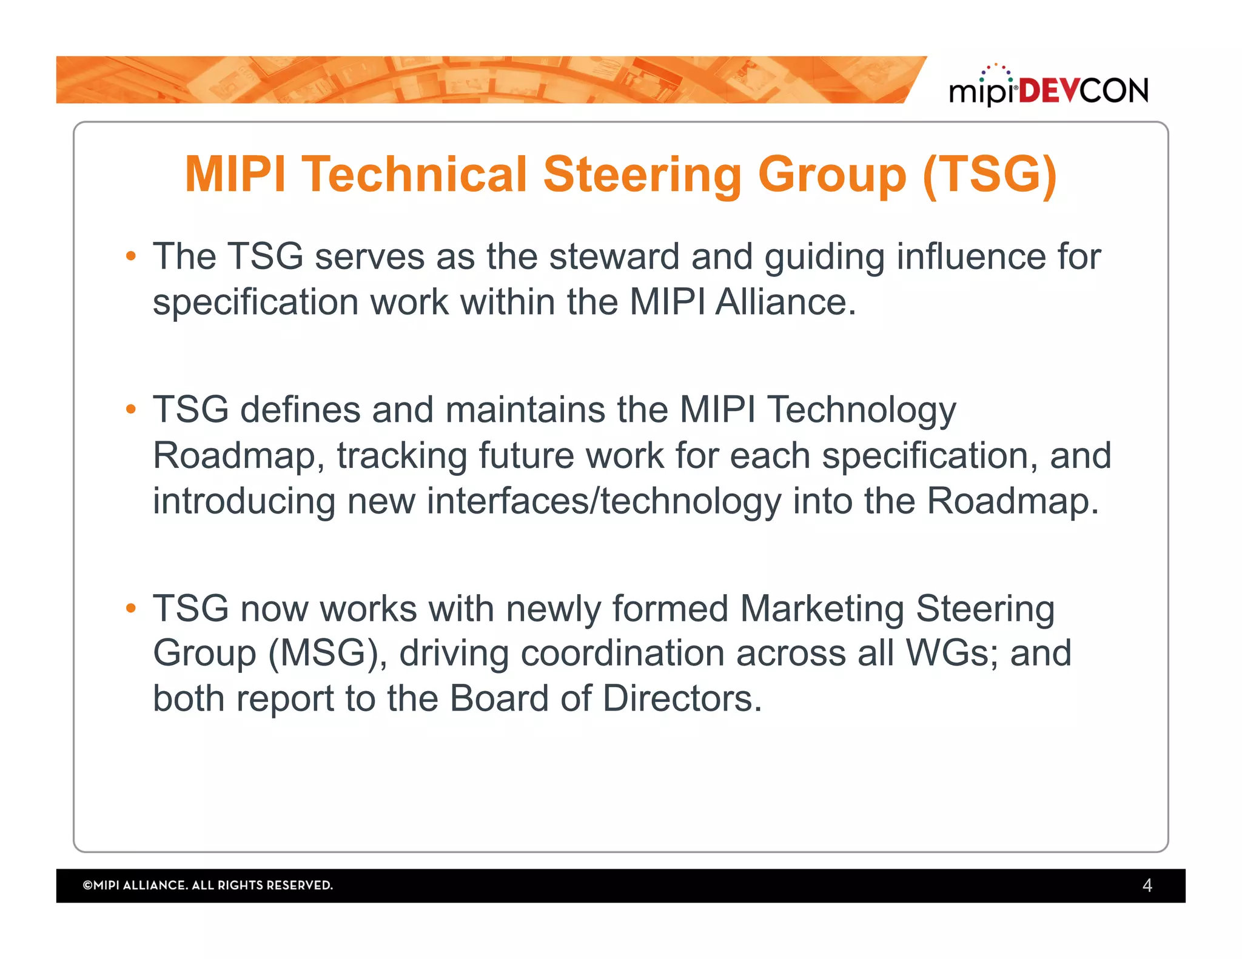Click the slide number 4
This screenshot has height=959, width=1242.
pyautogui.click(x=1147, y=886)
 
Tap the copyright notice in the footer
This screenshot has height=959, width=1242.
pyautogui.click(x=207, y=886)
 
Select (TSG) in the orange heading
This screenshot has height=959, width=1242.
pyautogui.click(x=989, y=175)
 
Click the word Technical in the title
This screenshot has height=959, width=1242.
pyautogui.click(x=414, y=175)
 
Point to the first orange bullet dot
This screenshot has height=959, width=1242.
pyautogui.click(x=131, y=256)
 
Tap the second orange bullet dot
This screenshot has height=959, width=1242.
pyautogui.click(x=131, y=410)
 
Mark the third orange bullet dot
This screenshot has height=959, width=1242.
pyautogui.click(x=131, y=608)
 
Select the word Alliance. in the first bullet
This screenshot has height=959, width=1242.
pyautogui.click(x=785, y=302)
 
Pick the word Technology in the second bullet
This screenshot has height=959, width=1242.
pyautogui.click(x=862, y=410)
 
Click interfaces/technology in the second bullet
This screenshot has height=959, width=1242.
pyautogui.click(x=604, y=502)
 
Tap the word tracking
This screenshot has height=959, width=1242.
pyautogui.click(x=401, y=456)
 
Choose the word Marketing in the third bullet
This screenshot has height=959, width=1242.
pyautogui.click(x=822, y=608)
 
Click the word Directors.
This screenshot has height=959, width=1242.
pyautogui.click(x=682, y=699)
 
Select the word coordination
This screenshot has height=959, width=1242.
pyautogui.click(x=622, y=653)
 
